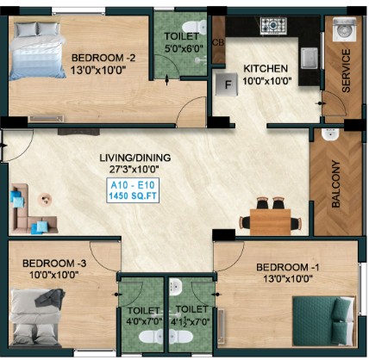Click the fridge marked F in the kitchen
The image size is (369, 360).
pyautogui.click(x=227, y=84)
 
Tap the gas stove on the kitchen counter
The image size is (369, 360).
pyautogui.click(x=272, y=25)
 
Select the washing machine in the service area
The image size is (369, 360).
pyautogui.click(x=345, y=29)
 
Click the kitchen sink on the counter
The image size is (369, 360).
pyautogui.click(x=310, y=58)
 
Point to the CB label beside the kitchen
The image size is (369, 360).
pyautogui.click(x=218, y=42)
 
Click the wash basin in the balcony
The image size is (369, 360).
pyautogui.click(x=330, y=134)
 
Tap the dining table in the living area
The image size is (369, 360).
pyautogui.click(x=271, y=221)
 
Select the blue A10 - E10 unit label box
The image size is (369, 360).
pyautogui.click(x=133, y=190)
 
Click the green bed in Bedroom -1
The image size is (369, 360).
pyautogui.click(x=323, y=321)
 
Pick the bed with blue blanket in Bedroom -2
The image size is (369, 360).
pyautogui.click(x=37, y=51)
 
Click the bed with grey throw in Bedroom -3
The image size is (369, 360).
pyautogui.click(x=36, y=318)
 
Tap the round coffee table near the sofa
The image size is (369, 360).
pyautogui.click(x=45, y=199)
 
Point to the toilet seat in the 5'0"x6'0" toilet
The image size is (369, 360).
pyautogui.click(x=195, y=27)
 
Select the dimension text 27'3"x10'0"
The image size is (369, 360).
pyautogui.click(x=134, y=169)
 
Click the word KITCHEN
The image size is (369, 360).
pyautogui.click(x=266, y=69)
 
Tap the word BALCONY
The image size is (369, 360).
pyautogui.click(x=335, y=183)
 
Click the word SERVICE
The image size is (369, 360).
pyautogui.click(x=346, y=71)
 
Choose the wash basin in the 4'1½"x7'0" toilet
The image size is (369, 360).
pyautogui.click(x=175, y=287)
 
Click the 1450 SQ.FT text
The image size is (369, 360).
pyautogui.click(x=133, y=196)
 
